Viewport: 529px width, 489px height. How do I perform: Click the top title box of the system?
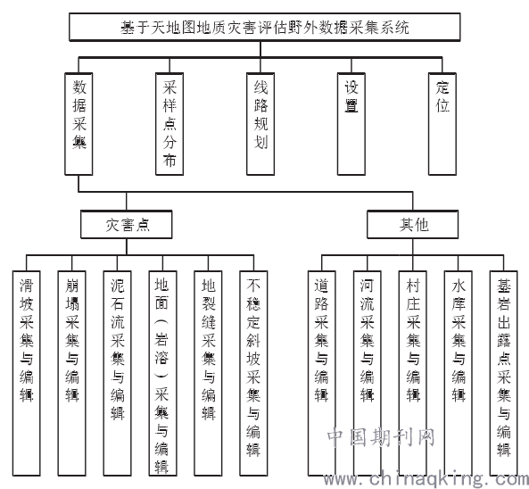pos(264,27)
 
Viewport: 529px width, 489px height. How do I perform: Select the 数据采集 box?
pos(79,124)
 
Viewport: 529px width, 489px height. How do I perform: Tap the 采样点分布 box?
pos(169,124)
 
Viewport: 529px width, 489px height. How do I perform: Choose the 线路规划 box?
pos(260,124)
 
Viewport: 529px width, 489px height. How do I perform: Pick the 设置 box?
pos(351,124)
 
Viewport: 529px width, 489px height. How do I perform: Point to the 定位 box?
pos(442,124)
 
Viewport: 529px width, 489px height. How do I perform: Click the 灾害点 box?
pos(127,224)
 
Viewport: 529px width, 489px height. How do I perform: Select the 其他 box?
pos(413,224)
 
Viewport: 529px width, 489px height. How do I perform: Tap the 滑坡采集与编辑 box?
pos(26,373)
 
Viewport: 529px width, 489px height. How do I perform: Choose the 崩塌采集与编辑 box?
pos(72,373)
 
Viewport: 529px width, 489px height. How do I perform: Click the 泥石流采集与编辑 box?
pos(118,373)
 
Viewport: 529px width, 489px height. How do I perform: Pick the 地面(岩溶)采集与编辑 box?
pos(162,373)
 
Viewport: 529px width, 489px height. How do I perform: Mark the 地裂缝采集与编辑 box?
pos(208,373)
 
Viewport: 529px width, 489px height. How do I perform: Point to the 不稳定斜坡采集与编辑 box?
pos(253,373)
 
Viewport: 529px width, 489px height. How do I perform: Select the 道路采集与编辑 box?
pos(322,373)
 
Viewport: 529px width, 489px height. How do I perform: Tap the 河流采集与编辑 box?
pos(368,373)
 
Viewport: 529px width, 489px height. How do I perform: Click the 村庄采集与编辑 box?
pos(413,373)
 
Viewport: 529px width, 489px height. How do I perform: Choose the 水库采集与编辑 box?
pos(459,373)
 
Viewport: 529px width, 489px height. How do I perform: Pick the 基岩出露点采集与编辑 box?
pos(504,373)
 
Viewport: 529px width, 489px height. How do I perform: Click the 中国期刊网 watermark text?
pos(381,437)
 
